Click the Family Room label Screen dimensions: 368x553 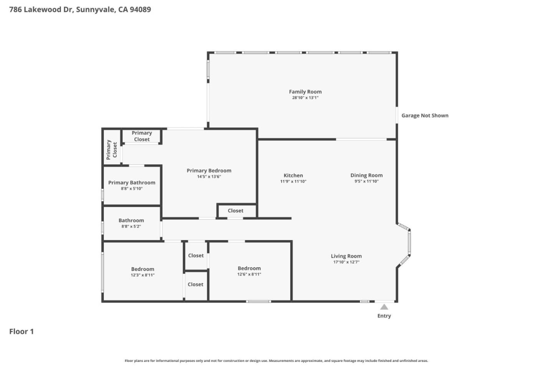click(305, 92)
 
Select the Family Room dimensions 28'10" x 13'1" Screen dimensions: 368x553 click(305, 98)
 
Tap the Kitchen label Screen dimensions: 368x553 click(293, 175)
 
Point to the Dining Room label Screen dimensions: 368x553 click(366, 175)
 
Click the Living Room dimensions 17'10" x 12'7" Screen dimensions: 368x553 click(346, 262)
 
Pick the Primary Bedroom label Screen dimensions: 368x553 click(209, 171)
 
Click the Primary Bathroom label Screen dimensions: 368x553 click(132, 183)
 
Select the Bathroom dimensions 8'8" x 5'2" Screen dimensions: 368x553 click(131, 226)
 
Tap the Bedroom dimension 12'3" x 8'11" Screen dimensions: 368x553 click(142, 275)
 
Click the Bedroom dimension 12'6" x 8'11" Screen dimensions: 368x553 click(249, 274)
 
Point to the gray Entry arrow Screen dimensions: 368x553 click(384, 307)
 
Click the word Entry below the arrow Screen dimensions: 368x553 click(384, 316)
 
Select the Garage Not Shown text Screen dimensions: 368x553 click(425, 116)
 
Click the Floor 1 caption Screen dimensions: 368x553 click(22, 332)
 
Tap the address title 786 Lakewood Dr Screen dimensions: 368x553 click(80, 10)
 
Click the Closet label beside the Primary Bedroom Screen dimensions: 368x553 click(235, 211)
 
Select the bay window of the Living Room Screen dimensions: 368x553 click(408, 243)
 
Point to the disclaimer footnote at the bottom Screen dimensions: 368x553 click(276, 361)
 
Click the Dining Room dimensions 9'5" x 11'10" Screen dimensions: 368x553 click(366, 182)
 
